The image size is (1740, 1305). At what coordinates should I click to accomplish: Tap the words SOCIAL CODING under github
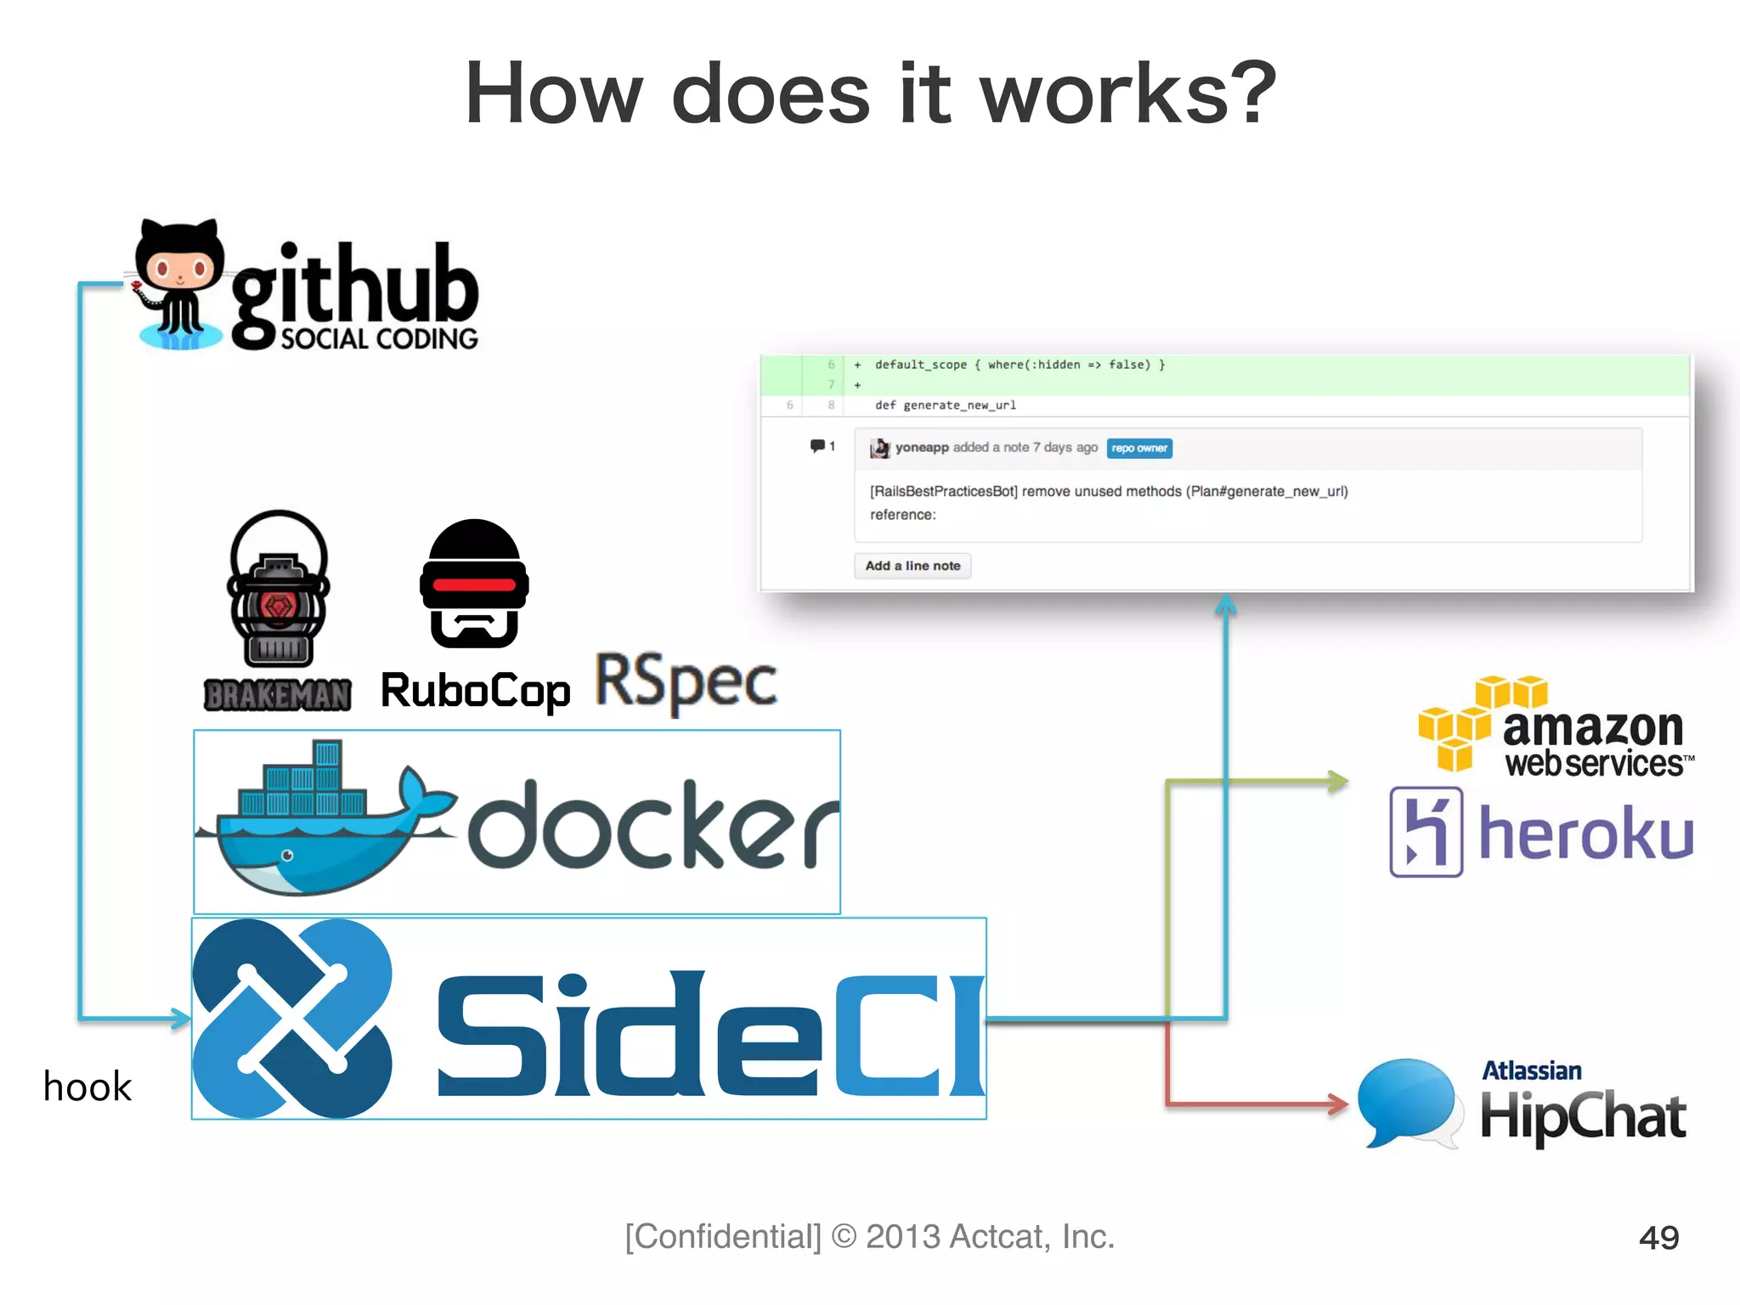[379, 339]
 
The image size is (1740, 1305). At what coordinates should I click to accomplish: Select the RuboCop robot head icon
[474, 585]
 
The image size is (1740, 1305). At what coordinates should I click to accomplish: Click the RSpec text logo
[686, 682]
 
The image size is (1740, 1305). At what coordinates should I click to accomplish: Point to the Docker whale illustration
[323, 821]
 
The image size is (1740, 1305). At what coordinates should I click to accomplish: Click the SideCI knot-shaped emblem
[292, 1018]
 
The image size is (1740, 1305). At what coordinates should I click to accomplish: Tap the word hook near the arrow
[88, 1087]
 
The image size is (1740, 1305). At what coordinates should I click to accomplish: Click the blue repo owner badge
[1138, 449]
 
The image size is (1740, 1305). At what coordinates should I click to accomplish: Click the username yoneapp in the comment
[921, 448]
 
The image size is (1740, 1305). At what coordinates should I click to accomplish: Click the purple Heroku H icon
[1426, 832]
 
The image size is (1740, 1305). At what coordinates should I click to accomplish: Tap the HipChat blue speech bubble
[1407, 1102]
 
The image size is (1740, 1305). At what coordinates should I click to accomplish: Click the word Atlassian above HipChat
[1531, 1071]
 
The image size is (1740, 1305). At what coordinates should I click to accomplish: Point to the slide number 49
[1658, 1237]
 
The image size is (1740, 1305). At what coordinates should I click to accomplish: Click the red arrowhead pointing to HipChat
[1339, 1104]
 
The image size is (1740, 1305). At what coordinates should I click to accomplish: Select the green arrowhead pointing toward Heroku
[1339, 781]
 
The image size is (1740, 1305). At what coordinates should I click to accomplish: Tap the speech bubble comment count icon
[817, 446]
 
